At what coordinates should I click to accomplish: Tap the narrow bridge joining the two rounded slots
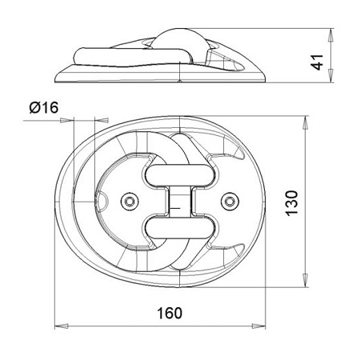(180, 201)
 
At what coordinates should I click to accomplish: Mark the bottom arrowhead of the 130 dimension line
(307, 284)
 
